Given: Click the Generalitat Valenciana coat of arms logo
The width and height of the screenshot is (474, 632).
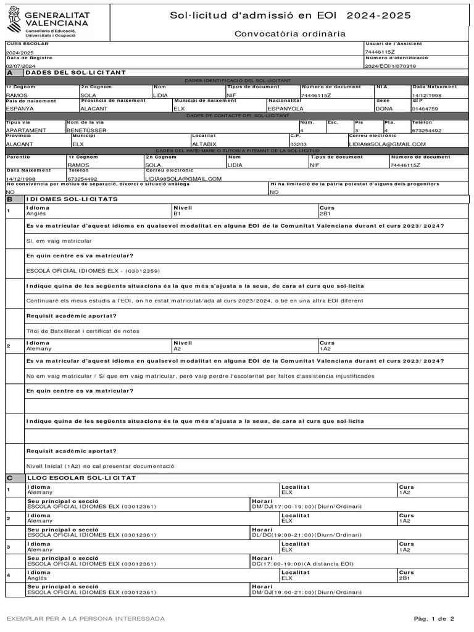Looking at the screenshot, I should tap(14, 23).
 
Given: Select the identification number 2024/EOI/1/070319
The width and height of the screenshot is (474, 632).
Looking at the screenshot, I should tap(390, 65).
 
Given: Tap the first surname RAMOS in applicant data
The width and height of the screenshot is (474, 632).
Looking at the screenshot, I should tap(16, 96).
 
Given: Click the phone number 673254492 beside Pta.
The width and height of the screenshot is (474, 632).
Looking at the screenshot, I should tap(426, 131).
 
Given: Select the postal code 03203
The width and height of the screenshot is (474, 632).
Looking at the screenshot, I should tap(299, 144).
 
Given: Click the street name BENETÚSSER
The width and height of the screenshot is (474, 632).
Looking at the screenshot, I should tap(84, 131).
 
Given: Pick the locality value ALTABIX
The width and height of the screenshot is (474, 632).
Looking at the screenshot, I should tap(204, 144).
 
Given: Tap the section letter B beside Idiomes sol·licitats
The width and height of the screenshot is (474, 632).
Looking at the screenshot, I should tap(10, 199).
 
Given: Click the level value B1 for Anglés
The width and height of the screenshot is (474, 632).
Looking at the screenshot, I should tap(177, 214).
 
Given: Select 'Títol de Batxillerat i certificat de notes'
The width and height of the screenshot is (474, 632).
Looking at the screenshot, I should tap(83, 331).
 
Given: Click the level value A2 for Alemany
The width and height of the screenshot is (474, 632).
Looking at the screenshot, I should tap(177, 349).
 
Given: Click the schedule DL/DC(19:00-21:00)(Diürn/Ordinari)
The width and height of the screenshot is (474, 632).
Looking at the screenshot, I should tap(307, 535).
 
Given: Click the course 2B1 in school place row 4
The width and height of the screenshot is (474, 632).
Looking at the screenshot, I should tap(405, 578).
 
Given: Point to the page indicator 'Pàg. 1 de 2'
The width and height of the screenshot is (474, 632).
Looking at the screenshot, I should tap(434, 618).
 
